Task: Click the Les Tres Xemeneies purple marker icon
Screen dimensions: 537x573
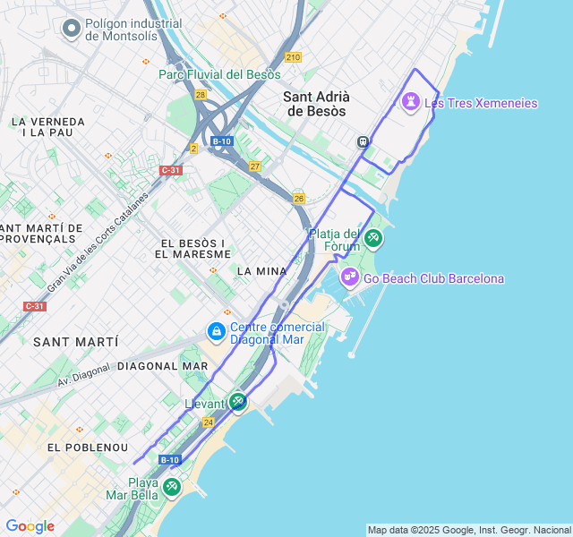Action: pyautogui.click(x=411, y=102)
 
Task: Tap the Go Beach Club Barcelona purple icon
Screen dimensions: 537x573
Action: pyautogui.click(x=349, y=278)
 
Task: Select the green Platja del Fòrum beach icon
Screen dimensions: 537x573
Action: pyautogui.click(x=373, y=238)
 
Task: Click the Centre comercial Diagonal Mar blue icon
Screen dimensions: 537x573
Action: pyautogui.click(x=216, y=332)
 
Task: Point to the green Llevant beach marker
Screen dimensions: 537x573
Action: pyautogui.click(x=237, y=402)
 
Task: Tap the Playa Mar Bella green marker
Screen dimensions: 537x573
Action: pyautogui.click(x=171, y=488)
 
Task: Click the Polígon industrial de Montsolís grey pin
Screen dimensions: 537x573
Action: pyautogui.click(x=71, y=30)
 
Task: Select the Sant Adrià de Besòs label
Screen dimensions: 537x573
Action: pyautogui.click(x=316, y=104)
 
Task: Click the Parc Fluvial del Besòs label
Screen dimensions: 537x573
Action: pyautogui.click(x=219, y=74)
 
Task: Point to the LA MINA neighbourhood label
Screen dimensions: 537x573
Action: pyautogui.click(x=261, y=270)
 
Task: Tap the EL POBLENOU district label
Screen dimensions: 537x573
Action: pyautogui.click(x=88, y=447)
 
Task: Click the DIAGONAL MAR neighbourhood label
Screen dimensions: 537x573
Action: pyautogui.click(x=163, y=366)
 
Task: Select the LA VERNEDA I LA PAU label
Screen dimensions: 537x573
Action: pyautogui.click(x=47, y=126)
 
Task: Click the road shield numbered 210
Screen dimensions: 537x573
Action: pyautogui.click(x=294, y=57)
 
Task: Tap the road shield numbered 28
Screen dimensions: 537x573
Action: pyautogui.click(x=200, y=94)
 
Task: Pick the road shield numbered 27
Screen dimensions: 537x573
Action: pyautogui.click(x=255, y=166)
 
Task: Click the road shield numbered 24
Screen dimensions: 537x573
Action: pyautogui.click(x=208, y=422)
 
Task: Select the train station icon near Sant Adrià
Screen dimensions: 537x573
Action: pyautogui.click(x=363, y=141)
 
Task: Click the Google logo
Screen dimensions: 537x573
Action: pyautogui.click(x=30, y=526)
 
